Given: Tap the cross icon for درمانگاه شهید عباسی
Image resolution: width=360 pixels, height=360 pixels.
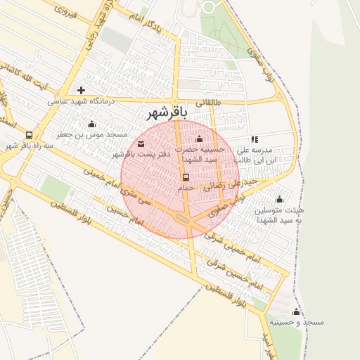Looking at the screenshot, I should (x=82, y=90).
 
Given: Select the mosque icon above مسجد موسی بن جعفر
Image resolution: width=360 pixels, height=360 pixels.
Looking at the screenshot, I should (x=91, y=124).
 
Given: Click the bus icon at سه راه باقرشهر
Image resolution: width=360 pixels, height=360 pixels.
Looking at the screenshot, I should (x=29, y=135).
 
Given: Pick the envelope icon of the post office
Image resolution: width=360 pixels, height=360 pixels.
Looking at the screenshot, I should (x=141, y=144).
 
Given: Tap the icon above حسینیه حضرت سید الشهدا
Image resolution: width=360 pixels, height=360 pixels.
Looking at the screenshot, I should (x=200, y=139).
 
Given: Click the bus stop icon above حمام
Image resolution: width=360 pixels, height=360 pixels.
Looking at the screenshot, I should (x=186, y=177).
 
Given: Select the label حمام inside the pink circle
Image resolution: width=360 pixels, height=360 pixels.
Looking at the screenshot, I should (x=186, y=188).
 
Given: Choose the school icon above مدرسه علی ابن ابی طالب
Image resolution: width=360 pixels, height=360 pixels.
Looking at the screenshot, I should (x=255, y=139).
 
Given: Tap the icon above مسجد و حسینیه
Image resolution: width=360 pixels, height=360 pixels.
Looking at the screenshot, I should (x=296, y=311).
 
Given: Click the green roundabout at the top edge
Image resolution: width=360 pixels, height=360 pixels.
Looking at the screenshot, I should (x=209, y=7).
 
